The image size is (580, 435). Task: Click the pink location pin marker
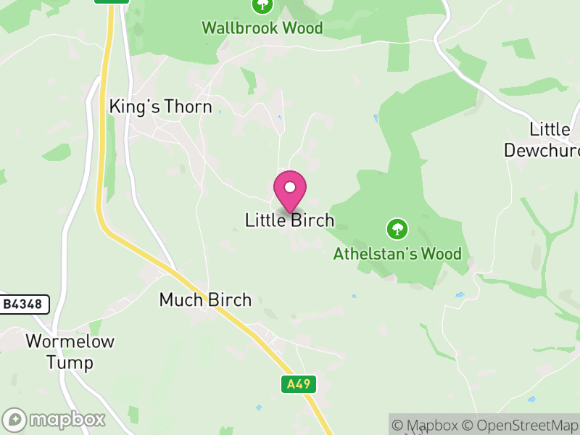pos(290,191)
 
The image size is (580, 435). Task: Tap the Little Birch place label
pos(290,220)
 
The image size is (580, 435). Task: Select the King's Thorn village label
pos(160,107)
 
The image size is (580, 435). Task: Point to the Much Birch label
pos(204,299)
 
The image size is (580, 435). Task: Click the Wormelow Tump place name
pos(70,352)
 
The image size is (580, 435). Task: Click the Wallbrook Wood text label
pos(262,28)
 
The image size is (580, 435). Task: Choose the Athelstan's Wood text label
pos(397,254)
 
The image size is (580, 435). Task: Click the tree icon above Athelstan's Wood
pos(397,229)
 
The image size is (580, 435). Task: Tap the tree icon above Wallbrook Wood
pos(262,6)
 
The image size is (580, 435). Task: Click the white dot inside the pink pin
pos(290,187)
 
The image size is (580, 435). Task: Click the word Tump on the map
pos(70,362)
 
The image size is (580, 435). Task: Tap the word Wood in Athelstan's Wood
pos(442,254)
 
